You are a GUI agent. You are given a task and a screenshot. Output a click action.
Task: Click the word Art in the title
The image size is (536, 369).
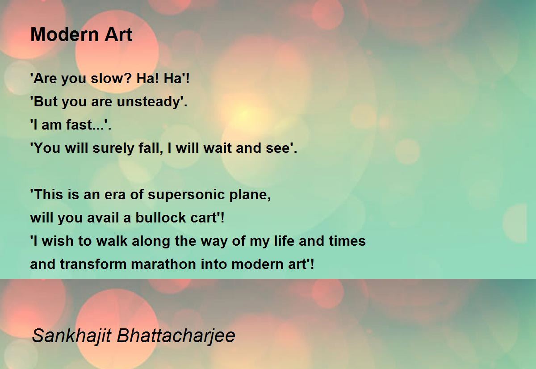click(x=118, y=34)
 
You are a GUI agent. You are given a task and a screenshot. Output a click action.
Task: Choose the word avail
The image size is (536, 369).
click(x=103, y=218)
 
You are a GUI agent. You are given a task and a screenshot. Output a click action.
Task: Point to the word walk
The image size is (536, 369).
click(x=112, y=241)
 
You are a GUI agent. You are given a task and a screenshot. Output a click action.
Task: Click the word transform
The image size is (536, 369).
click(x=93, y=264)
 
